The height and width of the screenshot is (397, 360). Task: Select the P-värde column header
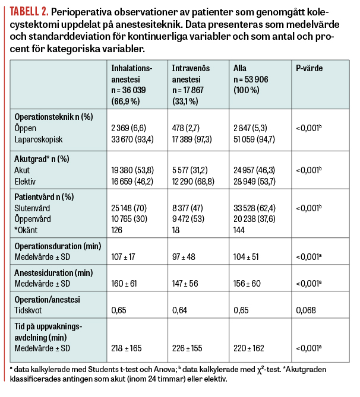click(309, 68)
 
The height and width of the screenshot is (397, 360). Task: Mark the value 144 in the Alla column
click(241, 231)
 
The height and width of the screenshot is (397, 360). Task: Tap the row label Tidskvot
click(29, 310)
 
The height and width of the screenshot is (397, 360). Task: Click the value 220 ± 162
click(250, 348)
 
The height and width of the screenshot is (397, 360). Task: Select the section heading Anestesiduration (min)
click(53, 273)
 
